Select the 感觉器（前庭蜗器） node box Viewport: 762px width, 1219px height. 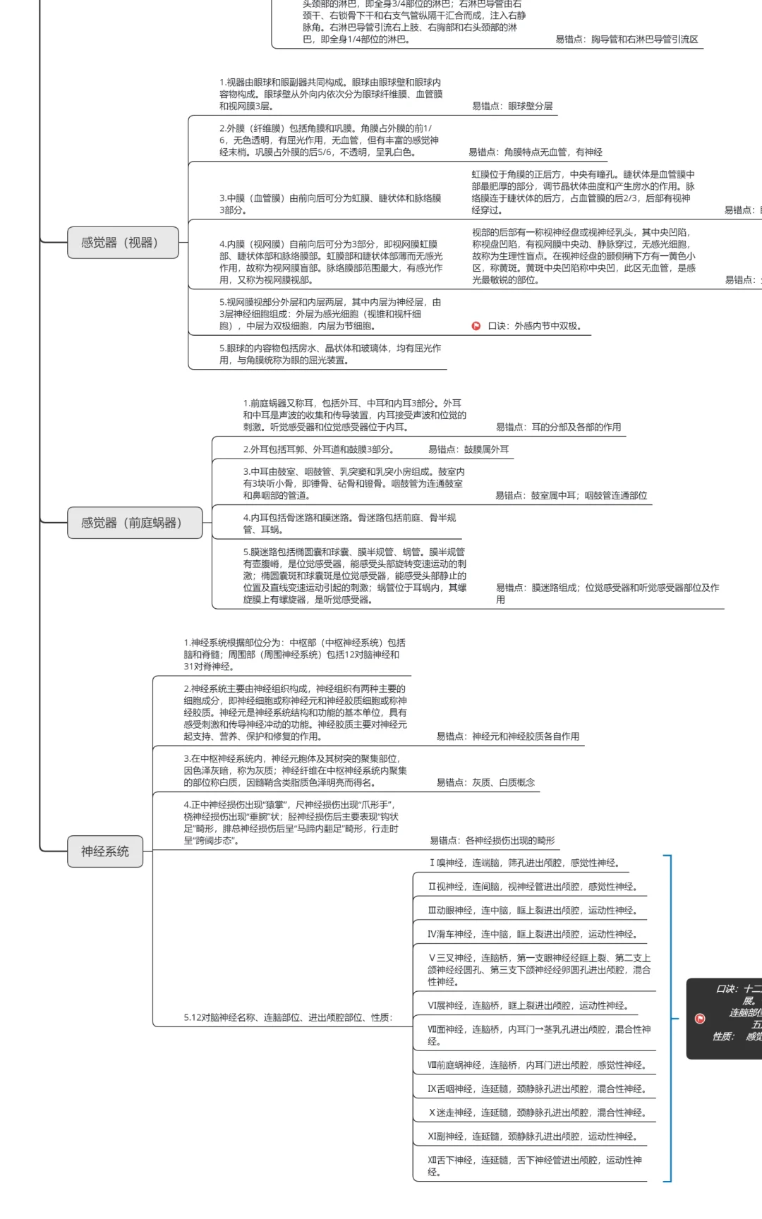[x=134, y=523]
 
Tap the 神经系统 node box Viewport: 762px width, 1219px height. [x=105, y=851]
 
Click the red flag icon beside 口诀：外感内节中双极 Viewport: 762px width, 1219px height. [x=476, y=326]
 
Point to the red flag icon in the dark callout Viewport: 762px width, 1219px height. [x=700, y=1018]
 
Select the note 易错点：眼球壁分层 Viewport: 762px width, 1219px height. [x=512, y=107]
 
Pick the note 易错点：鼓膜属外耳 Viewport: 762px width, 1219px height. [x=468, y=449]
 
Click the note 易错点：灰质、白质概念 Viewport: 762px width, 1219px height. [x=485, y=782]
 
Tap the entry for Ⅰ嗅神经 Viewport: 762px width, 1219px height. [x=525, y=863]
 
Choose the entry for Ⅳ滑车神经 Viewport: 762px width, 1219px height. [x=533, y=934]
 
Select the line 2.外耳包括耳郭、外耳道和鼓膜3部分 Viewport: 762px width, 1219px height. [x=318, y=449]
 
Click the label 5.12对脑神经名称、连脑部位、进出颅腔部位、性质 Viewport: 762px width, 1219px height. [x=288, y=1017]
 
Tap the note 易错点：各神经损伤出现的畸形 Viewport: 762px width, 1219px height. [x=492, y=840]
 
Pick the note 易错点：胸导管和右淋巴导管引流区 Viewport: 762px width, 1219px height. [x=627, y=40]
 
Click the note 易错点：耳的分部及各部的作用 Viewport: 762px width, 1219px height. [x=558, y=427]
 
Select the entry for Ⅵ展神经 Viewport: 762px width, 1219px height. [x=528, y=1005]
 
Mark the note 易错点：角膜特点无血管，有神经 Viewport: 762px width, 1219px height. [x=536, y=152]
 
